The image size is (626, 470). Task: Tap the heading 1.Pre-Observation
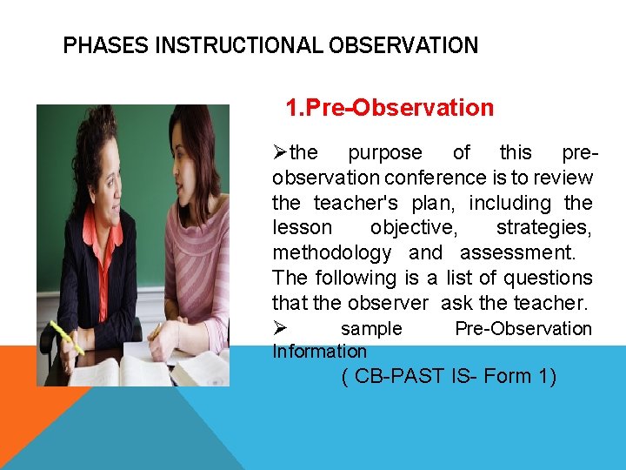(x=390, y=108)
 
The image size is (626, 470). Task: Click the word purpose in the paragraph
(x=385, y=153)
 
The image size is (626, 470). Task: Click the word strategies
(x=544, y=228)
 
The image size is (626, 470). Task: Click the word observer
(x=388, y=304)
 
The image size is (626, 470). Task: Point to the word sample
(x=371, y=329)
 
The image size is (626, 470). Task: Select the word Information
(x=319, y=352)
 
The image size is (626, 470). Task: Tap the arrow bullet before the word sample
(x=280, y=329)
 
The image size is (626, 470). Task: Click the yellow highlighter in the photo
(x=66, y=339)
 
